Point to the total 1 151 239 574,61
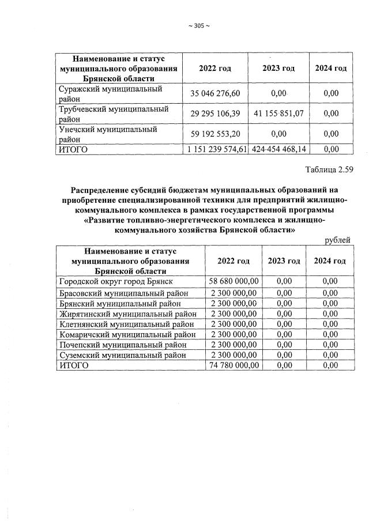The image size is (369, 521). click(x=214, y=149)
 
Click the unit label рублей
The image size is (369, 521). click(x=338, y=240)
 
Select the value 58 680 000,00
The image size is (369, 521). click(x=234, y=281)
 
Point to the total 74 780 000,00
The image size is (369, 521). click(x=234, y=365)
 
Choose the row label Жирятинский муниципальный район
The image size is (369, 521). click(x=128, y=314)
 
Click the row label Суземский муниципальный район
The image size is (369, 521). click(x=123, y=355)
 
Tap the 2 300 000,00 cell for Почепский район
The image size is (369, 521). click(x=234, y=345)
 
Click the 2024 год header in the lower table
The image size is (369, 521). click(x=330, y=261)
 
